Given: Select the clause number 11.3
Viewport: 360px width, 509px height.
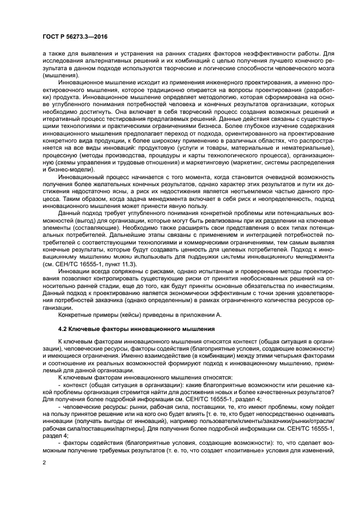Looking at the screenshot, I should (129, 263).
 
